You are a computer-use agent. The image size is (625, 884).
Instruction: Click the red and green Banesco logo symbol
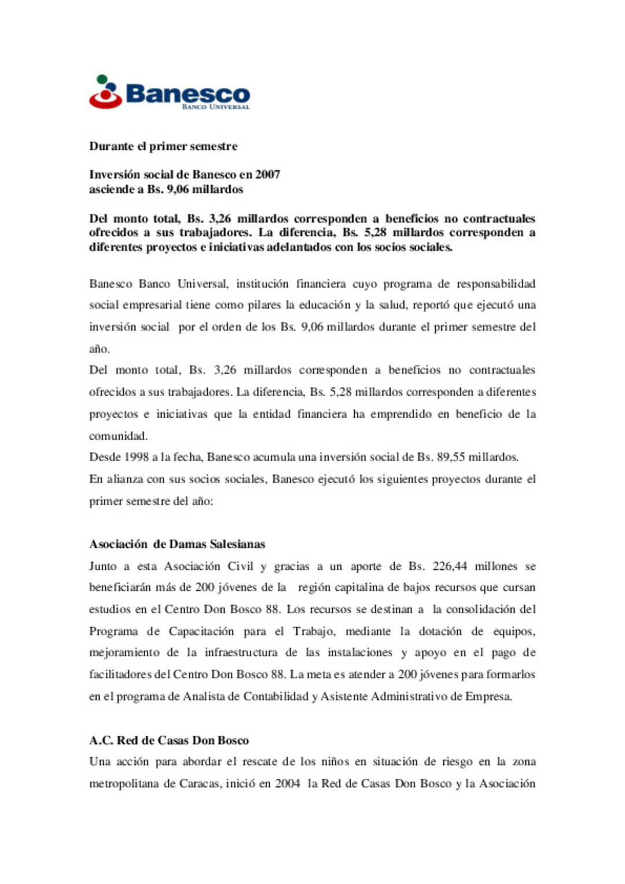click(x=105, y=93)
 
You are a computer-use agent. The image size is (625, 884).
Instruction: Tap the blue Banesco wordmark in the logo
click(x=187, y=94)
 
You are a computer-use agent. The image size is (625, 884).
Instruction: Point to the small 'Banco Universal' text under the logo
click(x=215, y=107)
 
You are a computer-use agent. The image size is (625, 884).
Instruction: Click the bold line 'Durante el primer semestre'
click(x=163, y=146)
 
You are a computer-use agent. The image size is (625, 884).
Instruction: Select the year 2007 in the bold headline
click(x=267, y=175)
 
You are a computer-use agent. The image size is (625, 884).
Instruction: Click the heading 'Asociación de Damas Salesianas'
click(x=177, y=544)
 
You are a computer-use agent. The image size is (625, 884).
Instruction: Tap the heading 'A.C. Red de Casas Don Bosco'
click(x=169, y=741)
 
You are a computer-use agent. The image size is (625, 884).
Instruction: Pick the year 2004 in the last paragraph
click(x=287, y=784)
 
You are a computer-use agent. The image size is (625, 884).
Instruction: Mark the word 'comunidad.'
click(x=118, y=436)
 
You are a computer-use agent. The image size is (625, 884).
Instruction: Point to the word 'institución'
click(x=262, y=283)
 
